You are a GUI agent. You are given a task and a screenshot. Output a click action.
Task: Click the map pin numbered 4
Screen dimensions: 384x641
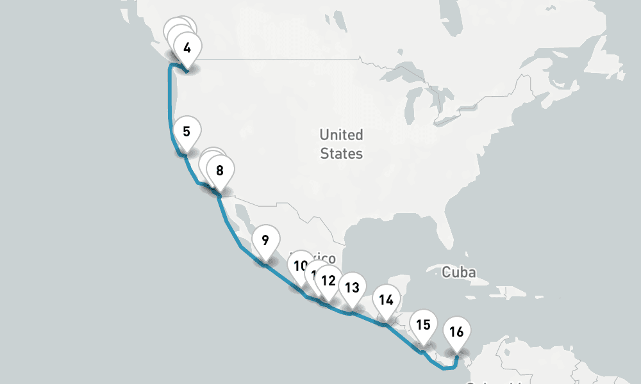(187, 48)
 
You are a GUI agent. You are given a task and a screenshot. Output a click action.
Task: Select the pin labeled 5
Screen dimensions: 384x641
(187, 132)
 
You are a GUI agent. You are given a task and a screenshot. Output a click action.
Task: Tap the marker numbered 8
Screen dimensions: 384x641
(220, 172)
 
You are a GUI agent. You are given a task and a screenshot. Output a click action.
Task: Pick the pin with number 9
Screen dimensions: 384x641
(265, 241)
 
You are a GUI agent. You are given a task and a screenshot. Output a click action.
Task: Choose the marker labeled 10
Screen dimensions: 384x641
(299, 266)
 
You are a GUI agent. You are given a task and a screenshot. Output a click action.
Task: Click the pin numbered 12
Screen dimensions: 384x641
(329, 280)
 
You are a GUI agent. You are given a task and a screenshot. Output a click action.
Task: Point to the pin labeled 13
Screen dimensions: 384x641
(352, 288)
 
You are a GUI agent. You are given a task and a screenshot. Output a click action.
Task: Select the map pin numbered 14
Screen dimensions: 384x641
(386, 300)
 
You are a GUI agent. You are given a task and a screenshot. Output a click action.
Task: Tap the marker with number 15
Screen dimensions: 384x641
(422, 325)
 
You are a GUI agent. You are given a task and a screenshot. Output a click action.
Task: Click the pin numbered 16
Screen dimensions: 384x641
(456, 332)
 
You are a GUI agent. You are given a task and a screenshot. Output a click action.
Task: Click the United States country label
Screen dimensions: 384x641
(341, 144)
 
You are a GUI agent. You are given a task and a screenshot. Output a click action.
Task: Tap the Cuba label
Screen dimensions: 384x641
(459, 272)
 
